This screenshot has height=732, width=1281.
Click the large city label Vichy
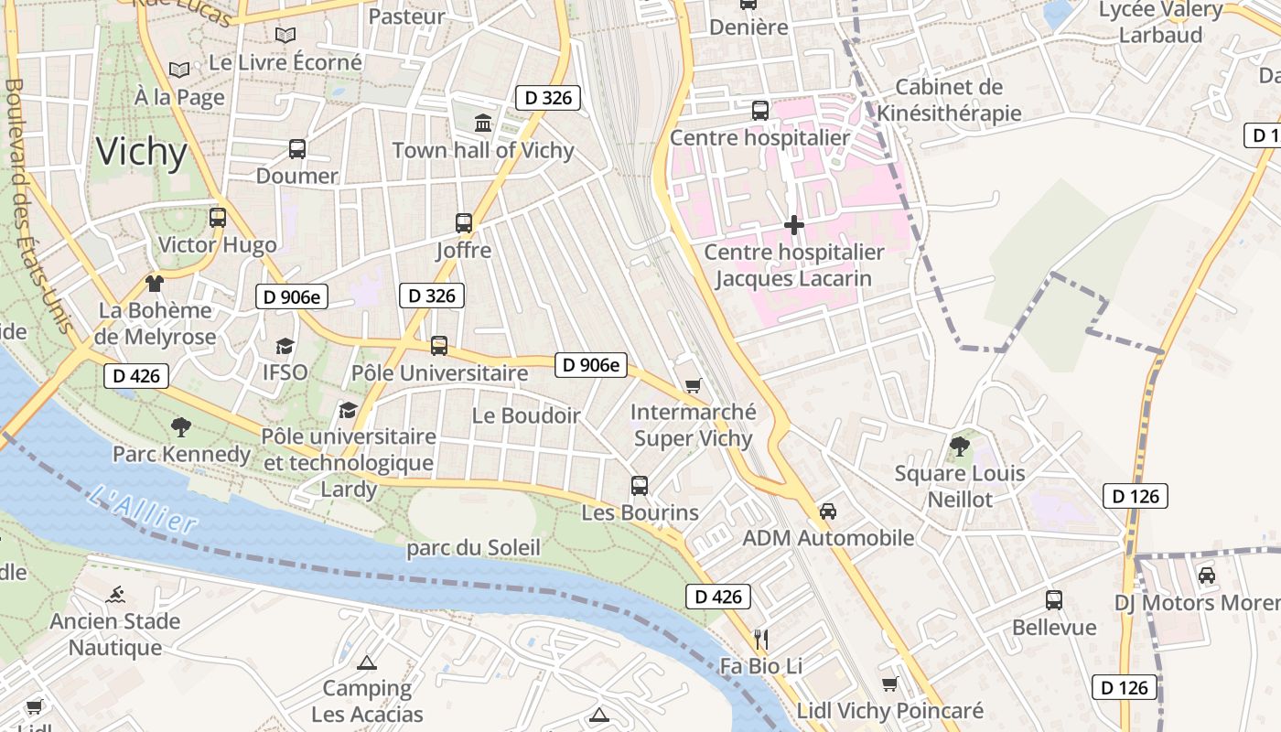point(142,151)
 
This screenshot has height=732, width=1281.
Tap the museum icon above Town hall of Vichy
point(482,123)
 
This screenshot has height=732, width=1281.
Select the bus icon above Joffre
point(464,222)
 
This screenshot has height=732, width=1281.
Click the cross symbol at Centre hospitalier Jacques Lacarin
point(794,224)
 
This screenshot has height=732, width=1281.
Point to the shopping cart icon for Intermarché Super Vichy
point(694,385)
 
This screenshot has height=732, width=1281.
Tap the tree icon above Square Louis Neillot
point(960,446)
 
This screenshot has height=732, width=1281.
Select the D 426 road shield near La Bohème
point(136,375)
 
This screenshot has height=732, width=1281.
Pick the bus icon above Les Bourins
point(640,486)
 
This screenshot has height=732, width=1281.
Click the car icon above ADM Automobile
point(828,511)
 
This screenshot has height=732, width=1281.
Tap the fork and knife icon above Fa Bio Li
point(760,639)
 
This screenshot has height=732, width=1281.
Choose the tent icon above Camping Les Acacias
point(367,662)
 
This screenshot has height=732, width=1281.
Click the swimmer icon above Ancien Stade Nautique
point(115,595)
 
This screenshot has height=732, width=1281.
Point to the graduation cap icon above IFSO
point(285,346)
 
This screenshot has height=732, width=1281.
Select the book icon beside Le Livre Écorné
point(285,36)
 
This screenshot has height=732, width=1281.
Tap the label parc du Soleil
point(474,548)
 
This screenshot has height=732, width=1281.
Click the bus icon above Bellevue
point(1054,600)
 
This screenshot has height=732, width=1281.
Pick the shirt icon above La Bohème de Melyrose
point(155,284)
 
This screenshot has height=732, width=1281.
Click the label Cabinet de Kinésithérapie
point(949,100)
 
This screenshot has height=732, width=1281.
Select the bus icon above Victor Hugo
point(218,218)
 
